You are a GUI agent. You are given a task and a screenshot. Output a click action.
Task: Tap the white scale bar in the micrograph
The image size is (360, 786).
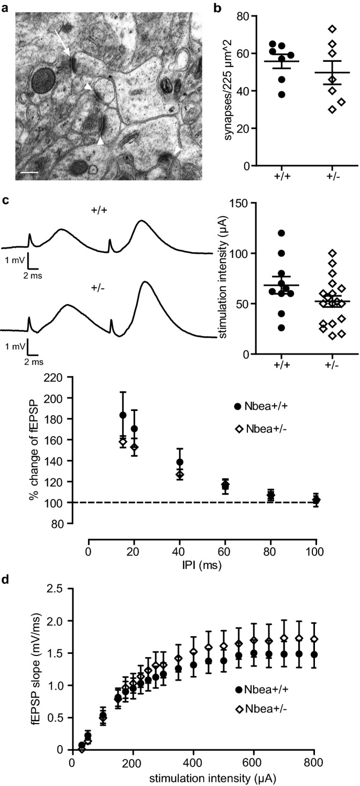(31, 171)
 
